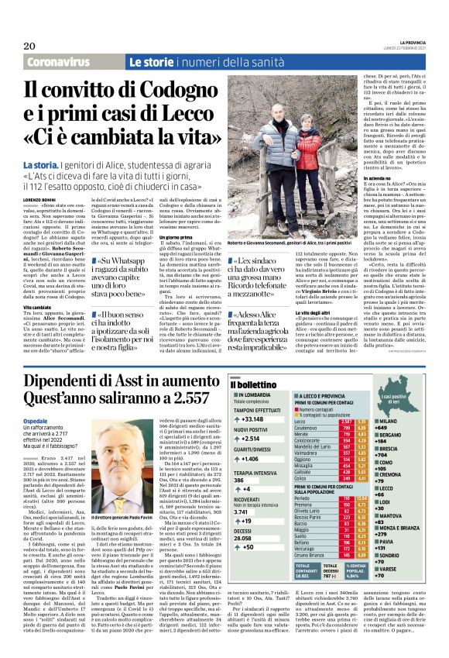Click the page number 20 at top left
click(29, 47)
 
